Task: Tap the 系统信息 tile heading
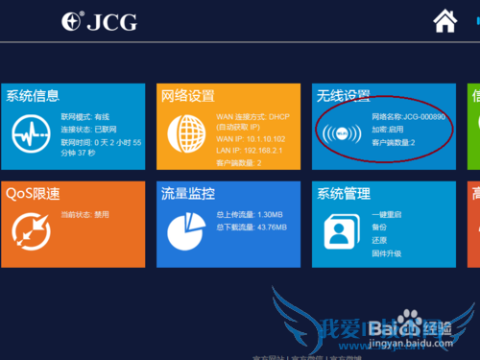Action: (33, 95)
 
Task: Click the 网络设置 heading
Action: (187, 95)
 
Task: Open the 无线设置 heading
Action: (344, 95)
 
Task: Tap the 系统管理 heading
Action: (344, 192)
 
